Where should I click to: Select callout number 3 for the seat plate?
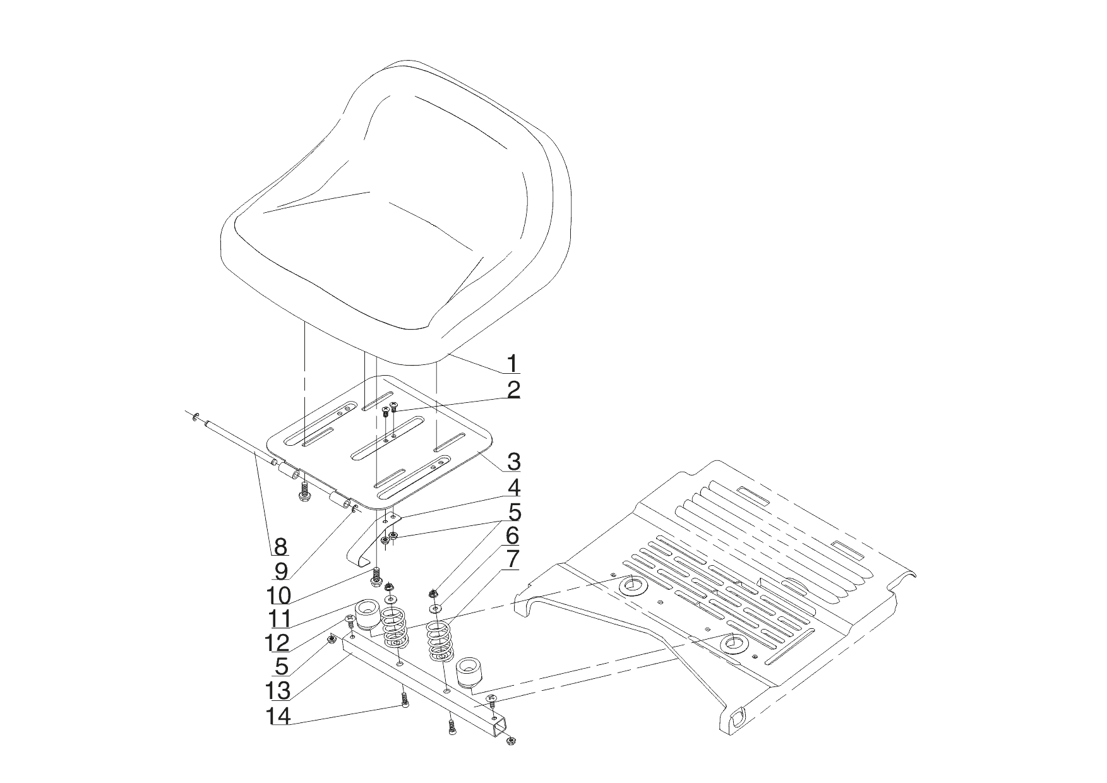tap(513, 461)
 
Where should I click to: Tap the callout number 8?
tap(280, 545)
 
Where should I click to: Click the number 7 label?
tap(512, 558)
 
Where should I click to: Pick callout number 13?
tap(280, 691)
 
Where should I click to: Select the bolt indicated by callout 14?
tap(405, 700)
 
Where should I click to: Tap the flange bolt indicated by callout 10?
tap(376, 577)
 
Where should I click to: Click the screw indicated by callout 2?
tap(393, 407)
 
